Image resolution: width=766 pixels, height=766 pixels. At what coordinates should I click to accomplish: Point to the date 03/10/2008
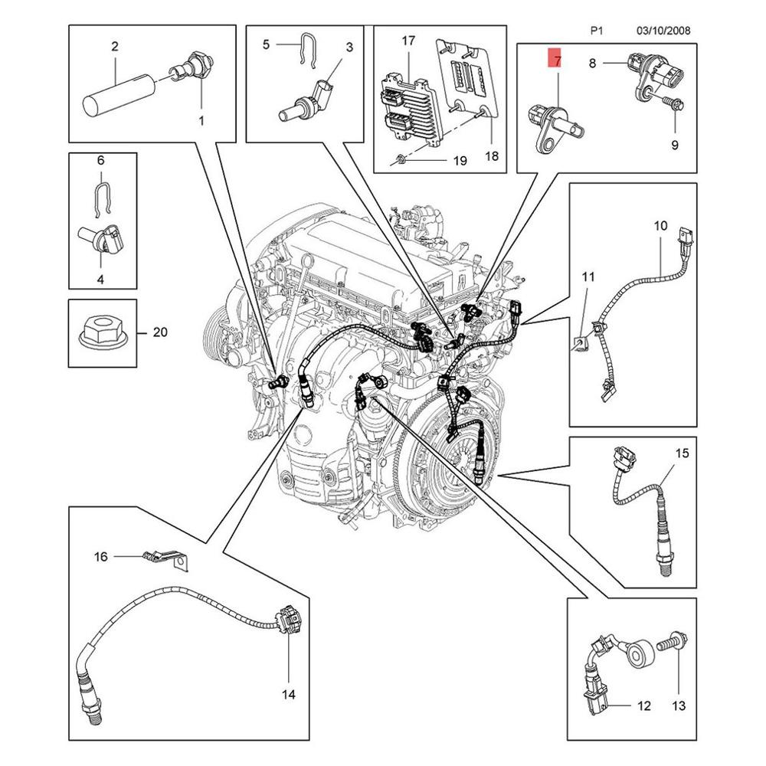click(663, 31)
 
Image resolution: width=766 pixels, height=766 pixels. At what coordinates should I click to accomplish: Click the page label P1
click(597, 31)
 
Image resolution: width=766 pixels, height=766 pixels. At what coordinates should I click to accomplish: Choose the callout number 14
click(288, 695)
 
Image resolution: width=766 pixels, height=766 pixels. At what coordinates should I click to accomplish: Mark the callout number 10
click(660, 226)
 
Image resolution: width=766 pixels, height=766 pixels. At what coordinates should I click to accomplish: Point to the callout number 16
click(101, 557)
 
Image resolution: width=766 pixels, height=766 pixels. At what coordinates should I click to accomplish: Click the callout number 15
click(681, 453)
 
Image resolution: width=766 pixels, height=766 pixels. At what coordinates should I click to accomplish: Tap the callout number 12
click(643, 705)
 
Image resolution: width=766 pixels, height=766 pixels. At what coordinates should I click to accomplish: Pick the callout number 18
click(491, 155)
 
